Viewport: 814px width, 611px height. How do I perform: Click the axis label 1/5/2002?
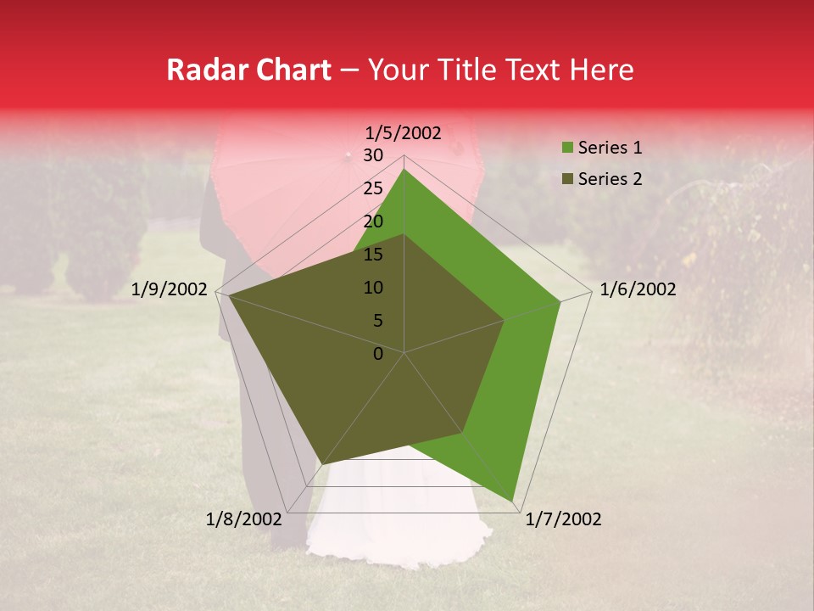(404, 132)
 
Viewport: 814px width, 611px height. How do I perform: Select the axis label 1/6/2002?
(638, 289)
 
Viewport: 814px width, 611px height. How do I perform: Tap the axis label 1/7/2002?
(563, 519)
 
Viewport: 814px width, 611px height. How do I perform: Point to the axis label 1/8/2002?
(243, 519)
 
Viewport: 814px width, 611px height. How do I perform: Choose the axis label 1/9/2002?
(170, 289)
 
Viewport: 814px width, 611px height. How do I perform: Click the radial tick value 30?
(373, 155)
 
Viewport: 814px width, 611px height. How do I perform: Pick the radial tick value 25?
(373, 188)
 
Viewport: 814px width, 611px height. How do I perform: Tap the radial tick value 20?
(373, 221)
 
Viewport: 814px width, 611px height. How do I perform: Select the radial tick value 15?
(373, 255)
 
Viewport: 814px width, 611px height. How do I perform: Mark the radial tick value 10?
(373, 288)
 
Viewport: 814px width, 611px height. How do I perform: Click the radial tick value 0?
(378, 354)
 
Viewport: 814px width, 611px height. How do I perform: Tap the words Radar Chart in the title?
(248, 70)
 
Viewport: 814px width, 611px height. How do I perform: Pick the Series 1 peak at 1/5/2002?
(404, 169)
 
